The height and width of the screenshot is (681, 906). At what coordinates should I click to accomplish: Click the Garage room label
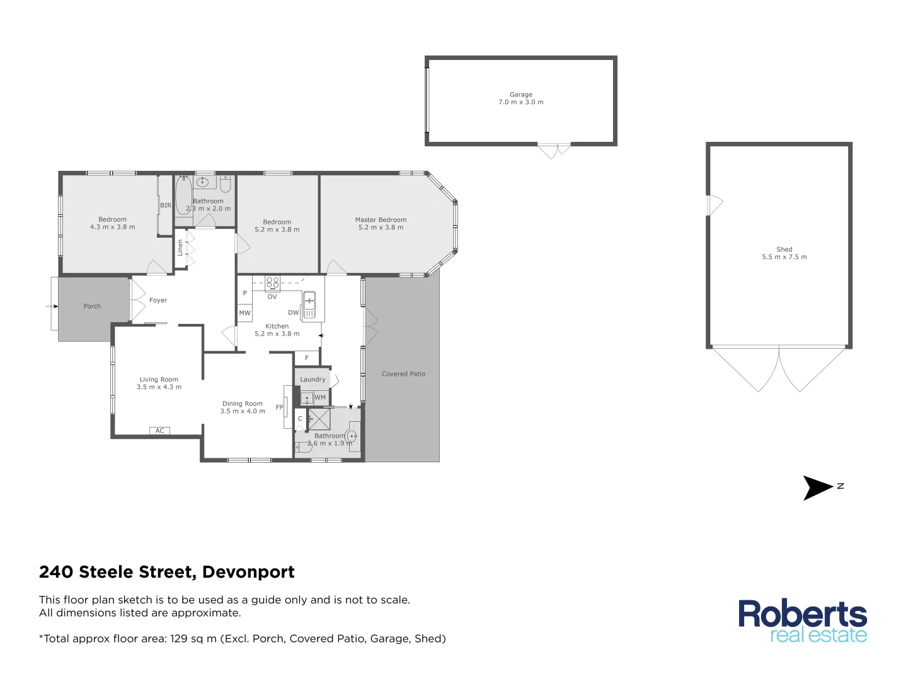pos(520,95)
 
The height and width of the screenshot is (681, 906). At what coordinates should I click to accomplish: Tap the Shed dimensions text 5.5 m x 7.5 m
pos(784,257)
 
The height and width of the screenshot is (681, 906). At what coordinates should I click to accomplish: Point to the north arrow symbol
pos(817,487)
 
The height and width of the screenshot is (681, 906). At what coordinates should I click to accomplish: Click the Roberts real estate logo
pos(802,621)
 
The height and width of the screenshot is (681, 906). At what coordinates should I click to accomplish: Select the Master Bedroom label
pos(381,220)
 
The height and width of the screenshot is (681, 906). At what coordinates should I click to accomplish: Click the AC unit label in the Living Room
pos(160,431)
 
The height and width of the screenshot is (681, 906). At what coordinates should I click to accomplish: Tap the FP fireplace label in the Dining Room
pos(280,407)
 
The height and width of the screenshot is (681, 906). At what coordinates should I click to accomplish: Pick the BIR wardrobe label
pos(166,206)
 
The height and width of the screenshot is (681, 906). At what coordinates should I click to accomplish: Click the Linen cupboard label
pos(180,247)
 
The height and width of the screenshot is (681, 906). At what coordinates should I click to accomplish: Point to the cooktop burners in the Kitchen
pos(273,282)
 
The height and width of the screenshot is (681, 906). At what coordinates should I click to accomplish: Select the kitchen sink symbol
pos(309,300)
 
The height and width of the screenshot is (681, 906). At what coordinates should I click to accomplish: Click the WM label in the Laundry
pos(320,397)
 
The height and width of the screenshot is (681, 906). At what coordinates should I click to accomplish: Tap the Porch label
pos(92,306)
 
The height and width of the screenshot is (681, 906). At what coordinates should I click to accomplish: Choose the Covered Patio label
pos(403,374)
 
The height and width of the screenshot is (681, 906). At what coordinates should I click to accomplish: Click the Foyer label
pos(158,301)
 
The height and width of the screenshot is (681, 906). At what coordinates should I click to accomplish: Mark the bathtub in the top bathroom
pos(183,195)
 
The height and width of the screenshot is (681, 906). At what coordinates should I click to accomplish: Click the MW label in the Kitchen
pos(244,313)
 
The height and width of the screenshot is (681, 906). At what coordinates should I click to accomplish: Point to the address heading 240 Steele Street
pos(166,572)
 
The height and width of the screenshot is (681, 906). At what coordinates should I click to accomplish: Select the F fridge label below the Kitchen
pos(307,358)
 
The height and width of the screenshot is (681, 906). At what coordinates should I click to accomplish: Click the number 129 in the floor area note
pos(179,639)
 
